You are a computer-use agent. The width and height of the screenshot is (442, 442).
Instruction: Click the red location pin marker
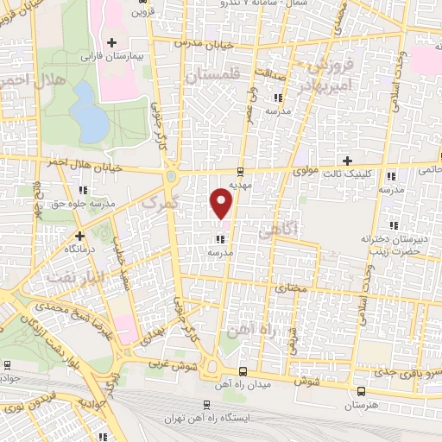click(222, 204)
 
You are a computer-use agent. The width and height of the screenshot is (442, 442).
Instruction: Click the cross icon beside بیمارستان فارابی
click(110, 41)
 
